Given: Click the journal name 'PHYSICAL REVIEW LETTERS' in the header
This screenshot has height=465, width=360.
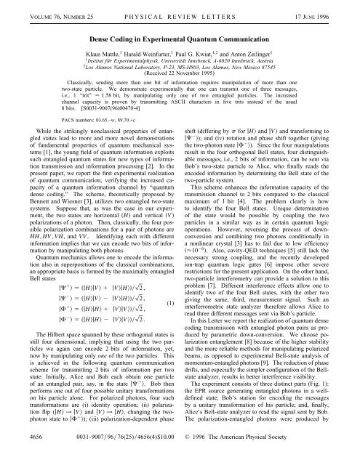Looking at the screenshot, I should pos(180,9).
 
